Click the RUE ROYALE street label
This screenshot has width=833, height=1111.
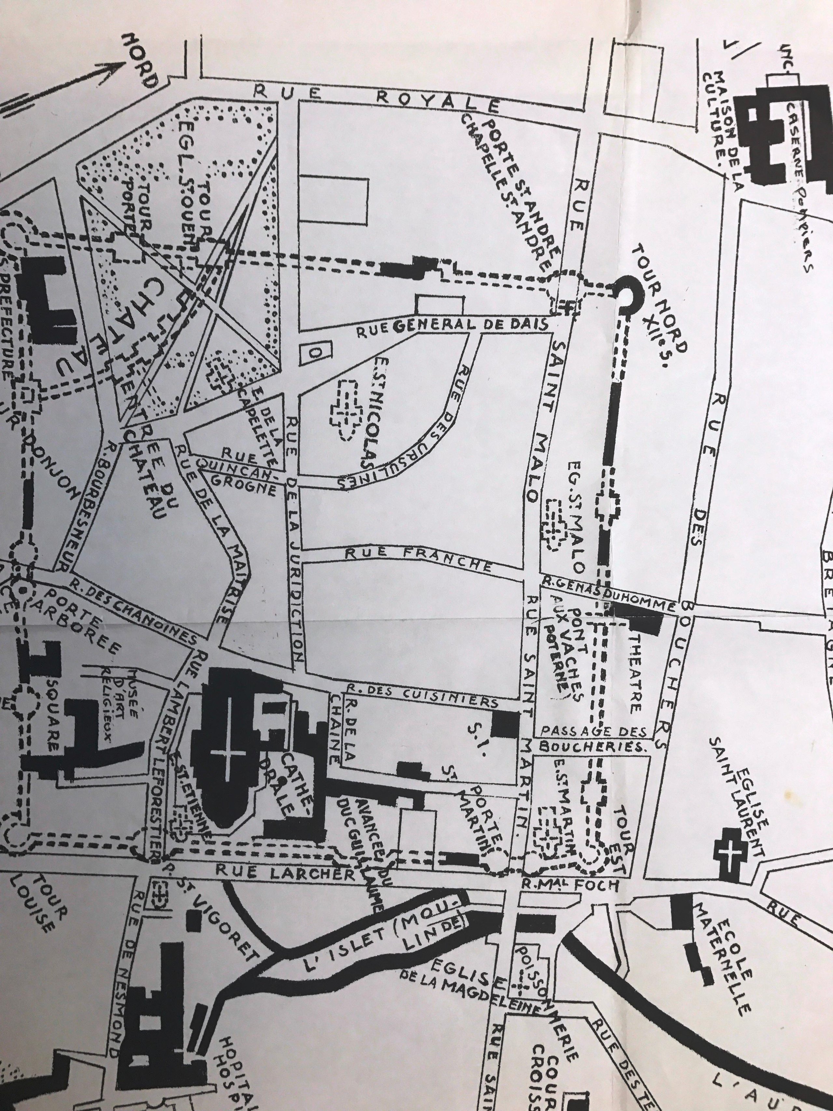tap(376, 97)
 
